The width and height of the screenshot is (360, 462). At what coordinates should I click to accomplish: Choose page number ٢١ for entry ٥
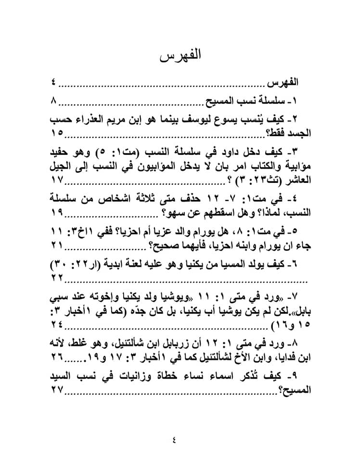(x=57, y=245)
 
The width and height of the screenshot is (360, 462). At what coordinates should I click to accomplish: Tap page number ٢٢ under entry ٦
(x=57, y=278)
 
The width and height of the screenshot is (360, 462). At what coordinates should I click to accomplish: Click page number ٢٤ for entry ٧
(x=57, y=326)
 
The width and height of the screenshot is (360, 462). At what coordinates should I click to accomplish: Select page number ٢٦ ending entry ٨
(x=57, y=359)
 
